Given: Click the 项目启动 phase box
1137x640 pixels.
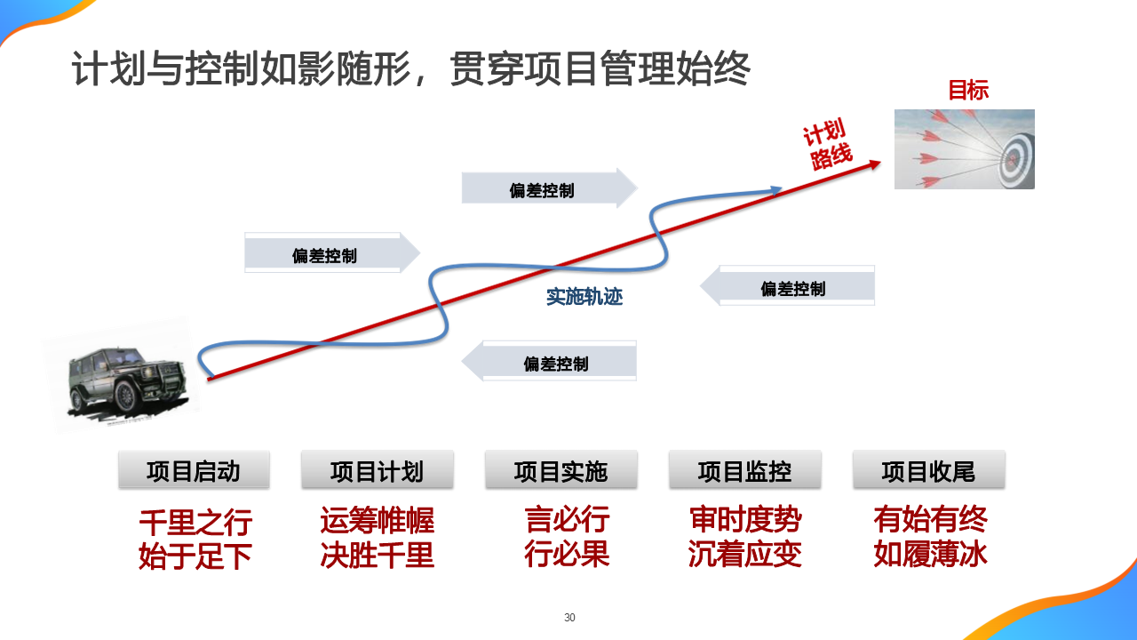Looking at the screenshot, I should pos(194,470).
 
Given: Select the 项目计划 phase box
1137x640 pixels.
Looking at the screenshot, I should pos(378,470).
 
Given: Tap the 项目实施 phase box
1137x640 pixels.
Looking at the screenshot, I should pos(561,470).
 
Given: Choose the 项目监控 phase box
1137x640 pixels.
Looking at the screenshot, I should pos(744,470).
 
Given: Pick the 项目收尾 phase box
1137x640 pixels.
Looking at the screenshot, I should pos(928,470).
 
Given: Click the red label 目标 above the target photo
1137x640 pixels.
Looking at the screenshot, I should pos(968,90).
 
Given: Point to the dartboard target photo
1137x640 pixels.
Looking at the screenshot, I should pos(964,148).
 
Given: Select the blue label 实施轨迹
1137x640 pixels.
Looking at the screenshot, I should pos(584,297).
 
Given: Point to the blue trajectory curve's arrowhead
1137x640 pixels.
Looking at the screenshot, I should pos(776,189).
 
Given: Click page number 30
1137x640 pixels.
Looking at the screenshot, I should pos(569,618).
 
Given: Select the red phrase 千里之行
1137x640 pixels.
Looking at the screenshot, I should pos(195,521).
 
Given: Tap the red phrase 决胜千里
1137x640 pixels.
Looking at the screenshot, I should pos(378,556).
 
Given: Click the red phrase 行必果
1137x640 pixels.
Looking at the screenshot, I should pos(567,554).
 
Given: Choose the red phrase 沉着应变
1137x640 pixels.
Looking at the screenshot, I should pos(744,555).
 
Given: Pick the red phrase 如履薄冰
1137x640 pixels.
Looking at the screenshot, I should pos(930,554).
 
